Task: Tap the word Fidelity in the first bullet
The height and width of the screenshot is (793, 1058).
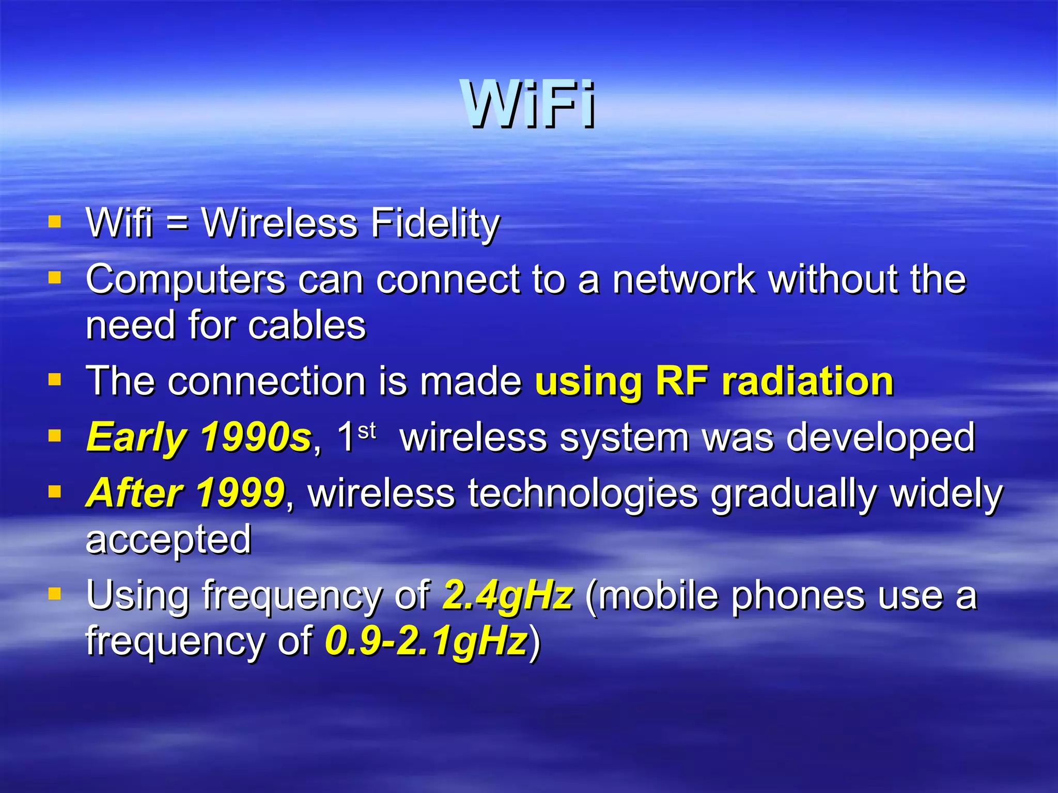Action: pyautogui.click(x=435, y=223)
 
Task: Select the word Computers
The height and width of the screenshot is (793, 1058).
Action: pyautogui.click(x=185, y=280)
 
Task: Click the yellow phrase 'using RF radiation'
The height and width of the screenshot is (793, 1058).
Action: pyautogui.click(x=714, y=381)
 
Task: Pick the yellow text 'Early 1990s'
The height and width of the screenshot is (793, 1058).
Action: pyautogui.click(x=199, y=437)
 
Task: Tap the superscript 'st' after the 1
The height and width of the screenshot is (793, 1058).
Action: pyautogui.click(x=366, y=430)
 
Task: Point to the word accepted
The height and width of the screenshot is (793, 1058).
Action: pyautogui.click(x=168, y=540)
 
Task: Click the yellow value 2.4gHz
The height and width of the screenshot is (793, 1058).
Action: pyautogui.click(x=508, y=595)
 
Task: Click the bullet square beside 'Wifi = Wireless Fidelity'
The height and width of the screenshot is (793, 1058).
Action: pyautogui.click(x=54, y=222)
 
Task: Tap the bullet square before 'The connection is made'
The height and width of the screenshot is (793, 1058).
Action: pyautogui.click(x=54, y=380)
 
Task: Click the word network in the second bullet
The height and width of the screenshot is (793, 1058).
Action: pyautogui.click(x=683, y=279)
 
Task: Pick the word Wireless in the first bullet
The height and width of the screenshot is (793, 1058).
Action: pyautogui.click(x=279, y=223)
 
